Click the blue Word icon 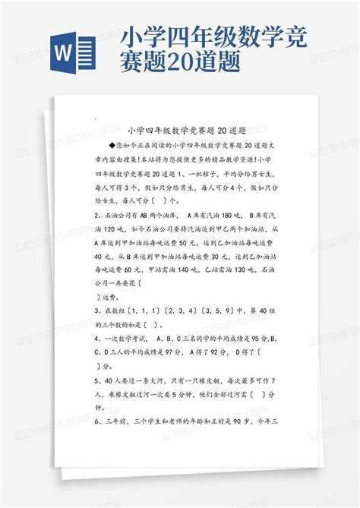point(73,53)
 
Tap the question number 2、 point(98,215)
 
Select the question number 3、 point(98,310)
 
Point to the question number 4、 point(98,337)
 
